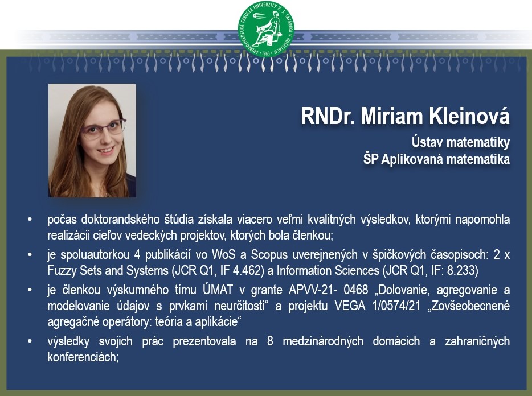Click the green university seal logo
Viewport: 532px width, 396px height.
tap(266, 29)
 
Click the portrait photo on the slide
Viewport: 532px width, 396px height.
tap(92, 141)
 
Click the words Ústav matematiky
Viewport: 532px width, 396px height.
tap(461, 142)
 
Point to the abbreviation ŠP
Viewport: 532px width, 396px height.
tap(371, 159)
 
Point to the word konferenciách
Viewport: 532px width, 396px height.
tap(83, 357)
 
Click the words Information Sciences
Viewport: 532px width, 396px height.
tap(328, 271)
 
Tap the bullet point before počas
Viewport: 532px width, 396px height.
tap(30, 220)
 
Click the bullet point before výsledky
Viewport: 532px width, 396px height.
tap(30, 341)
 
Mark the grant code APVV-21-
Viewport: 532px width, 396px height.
tap(312, 290)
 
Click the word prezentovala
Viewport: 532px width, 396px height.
tap(204, 341)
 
